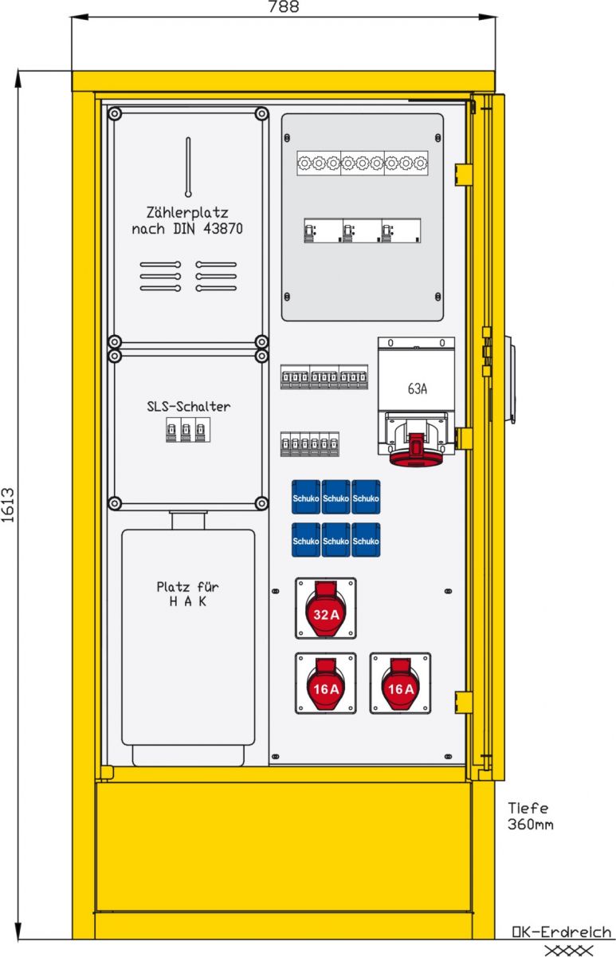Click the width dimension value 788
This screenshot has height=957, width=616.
click(x=284, y=7)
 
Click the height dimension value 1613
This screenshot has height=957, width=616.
click(x=8, y=505)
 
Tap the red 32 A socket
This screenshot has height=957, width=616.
click(x=326, y=608)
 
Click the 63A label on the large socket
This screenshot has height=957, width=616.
click(x=417, y=389)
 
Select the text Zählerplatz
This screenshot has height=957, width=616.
click(x=187, y=212)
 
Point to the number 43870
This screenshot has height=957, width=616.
click(x=223, y=229)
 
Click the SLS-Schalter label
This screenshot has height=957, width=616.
click(x=188, y=406)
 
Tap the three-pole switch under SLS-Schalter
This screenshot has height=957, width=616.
click(x=188, y=430)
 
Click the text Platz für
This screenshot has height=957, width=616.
click(x=187, y=587)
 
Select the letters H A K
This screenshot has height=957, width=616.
click(x=188, y=601)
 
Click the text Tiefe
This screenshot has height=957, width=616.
click(x=528, y=808)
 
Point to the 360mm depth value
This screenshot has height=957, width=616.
click(x=530, y=824)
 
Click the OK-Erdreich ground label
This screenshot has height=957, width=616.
click(x=561, y=931)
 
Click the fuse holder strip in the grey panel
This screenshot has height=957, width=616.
click(x=363, y=163)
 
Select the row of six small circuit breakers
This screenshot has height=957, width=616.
click(x=310, y=444)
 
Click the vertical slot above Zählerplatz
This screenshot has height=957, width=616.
click(x=188, y=167)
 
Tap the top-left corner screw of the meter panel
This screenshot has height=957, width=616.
click(x=115, y=114)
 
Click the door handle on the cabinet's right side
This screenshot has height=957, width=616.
click(x=510, y=380)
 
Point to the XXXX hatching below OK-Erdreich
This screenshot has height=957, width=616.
click(x=569, y=950)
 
